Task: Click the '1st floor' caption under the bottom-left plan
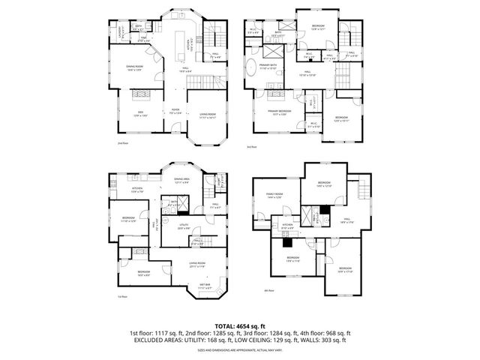pos(121,296)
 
